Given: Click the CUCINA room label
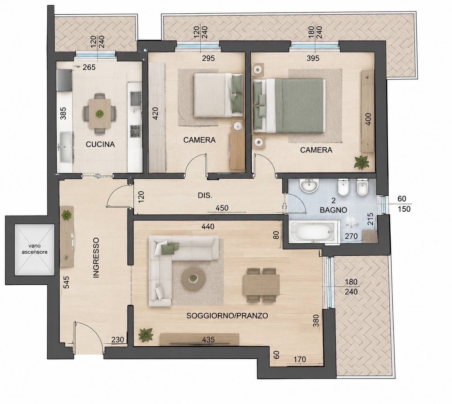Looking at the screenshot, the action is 100,144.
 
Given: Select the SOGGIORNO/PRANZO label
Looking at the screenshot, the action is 227,316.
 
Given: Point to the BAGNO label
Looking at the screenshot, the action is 333,210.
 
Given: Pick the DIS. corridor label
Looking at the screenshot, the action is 205,195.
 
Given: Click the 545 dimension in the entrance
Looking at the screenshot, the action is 66,282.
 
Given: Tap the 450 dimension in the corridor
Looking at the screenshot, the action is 222,208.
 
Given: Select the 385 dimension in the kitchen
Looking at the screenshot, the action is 63,114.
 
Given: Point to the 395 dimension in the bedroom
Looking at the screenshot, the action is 313,58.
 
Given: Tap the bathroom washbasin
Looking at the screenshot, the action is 309,185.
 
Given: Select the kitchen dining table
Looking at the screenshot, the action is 100,114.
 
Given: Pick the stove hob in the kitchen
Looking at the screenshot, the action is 136,131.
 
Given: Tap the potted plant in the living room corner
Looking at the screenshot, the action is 145,335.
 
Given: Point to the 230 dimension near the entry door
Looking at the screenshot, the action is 118,340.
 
